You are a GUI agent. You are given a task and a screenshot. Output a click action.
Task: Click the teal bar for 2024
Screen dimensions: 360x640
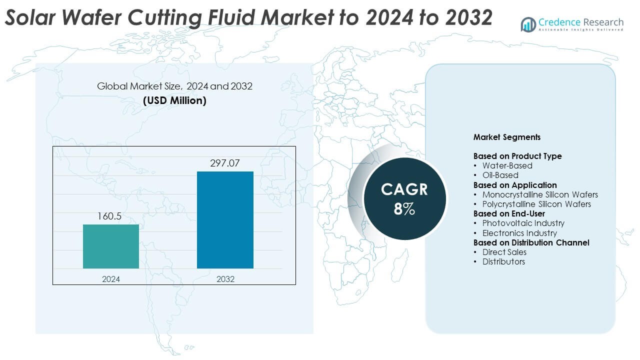[x=111, y=246]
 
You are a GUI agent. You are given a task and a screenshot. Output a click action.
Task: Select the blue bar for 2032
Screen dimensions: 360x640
[x=225, y=220]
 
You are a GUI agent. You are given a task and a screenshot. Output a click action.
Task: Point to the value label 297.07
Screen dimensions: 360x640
[x=225, y=163]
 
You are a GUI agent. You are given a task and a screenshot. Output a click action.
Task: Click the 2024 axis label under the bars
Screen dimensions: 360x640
[x=111, y=279]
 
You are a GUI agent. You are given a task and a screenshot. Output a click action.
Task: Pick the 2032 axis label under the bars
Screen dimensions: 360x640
[x=225, y=279]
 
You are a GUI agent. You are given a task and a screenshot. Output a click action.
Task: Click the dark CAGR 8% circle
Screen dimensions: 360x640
[x=404, y=199]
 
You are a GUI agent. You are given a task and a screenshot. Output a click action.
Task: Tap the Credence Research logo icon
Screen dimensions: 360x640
[x=528, y=24]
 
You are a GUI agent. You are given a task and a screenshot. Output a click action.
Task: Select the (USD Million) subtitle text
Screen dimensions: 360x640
[x=174, y=100]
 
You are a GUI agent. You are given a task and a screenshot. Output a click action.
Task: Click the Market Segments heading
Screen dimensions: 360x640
[x=507, y=137]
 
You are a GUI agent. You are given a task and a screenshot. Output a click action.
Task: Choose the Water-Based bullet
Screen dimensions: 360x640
[x=507, y=165]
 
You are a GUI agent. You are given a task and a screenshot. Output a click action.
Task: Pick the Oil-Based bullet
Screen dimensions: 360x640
[x=500, y=175]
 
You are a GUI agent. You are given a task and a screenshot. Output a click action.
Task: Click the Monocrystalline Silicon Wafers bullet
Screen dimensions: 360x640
[x=540, y=194]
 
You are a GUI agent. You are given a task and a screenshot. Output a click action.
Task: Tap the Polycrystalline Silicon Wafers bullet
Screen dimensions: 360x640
[x=536, y=204]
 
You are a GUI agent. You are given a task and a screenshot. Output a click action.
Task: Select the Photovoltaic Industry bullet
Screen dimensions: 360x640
[x=523, y=223]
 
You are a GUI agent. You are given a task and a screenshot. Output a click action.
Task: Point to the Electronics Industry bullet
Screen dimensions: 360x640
[x=519, y=233]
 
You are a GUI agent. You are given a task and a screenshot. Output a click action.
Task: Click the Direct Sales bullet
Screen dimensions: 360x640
[x=504, y=252]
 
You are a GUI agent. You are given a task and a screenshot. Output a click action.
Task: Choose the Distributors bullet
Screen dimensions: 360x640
[x=503, y=261]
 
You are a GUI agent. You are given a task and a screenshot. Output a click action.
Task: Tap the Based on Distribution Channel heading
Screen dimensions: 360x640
[x=531, y=242]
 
